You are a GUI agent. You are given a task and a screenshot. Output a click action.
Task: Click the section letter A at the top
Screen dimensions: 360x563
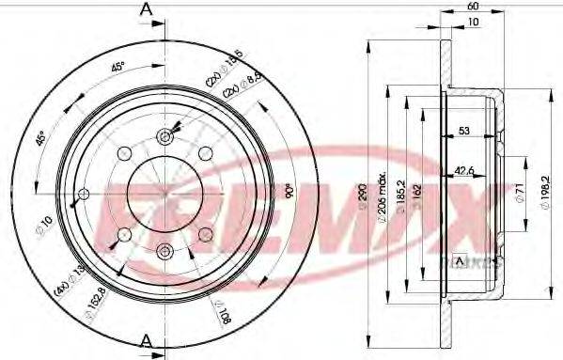[146, 9]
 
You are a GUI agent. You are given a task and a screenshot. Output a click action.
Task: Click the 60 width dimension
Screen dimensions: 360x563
[471, 6]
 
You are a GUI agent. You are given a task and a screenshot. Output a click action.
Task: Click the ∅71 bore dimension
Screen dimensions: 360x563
[517, 195]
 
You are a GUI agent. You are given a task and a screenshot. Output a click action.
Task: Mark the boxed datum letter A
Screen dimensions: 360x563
[459, 260]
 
